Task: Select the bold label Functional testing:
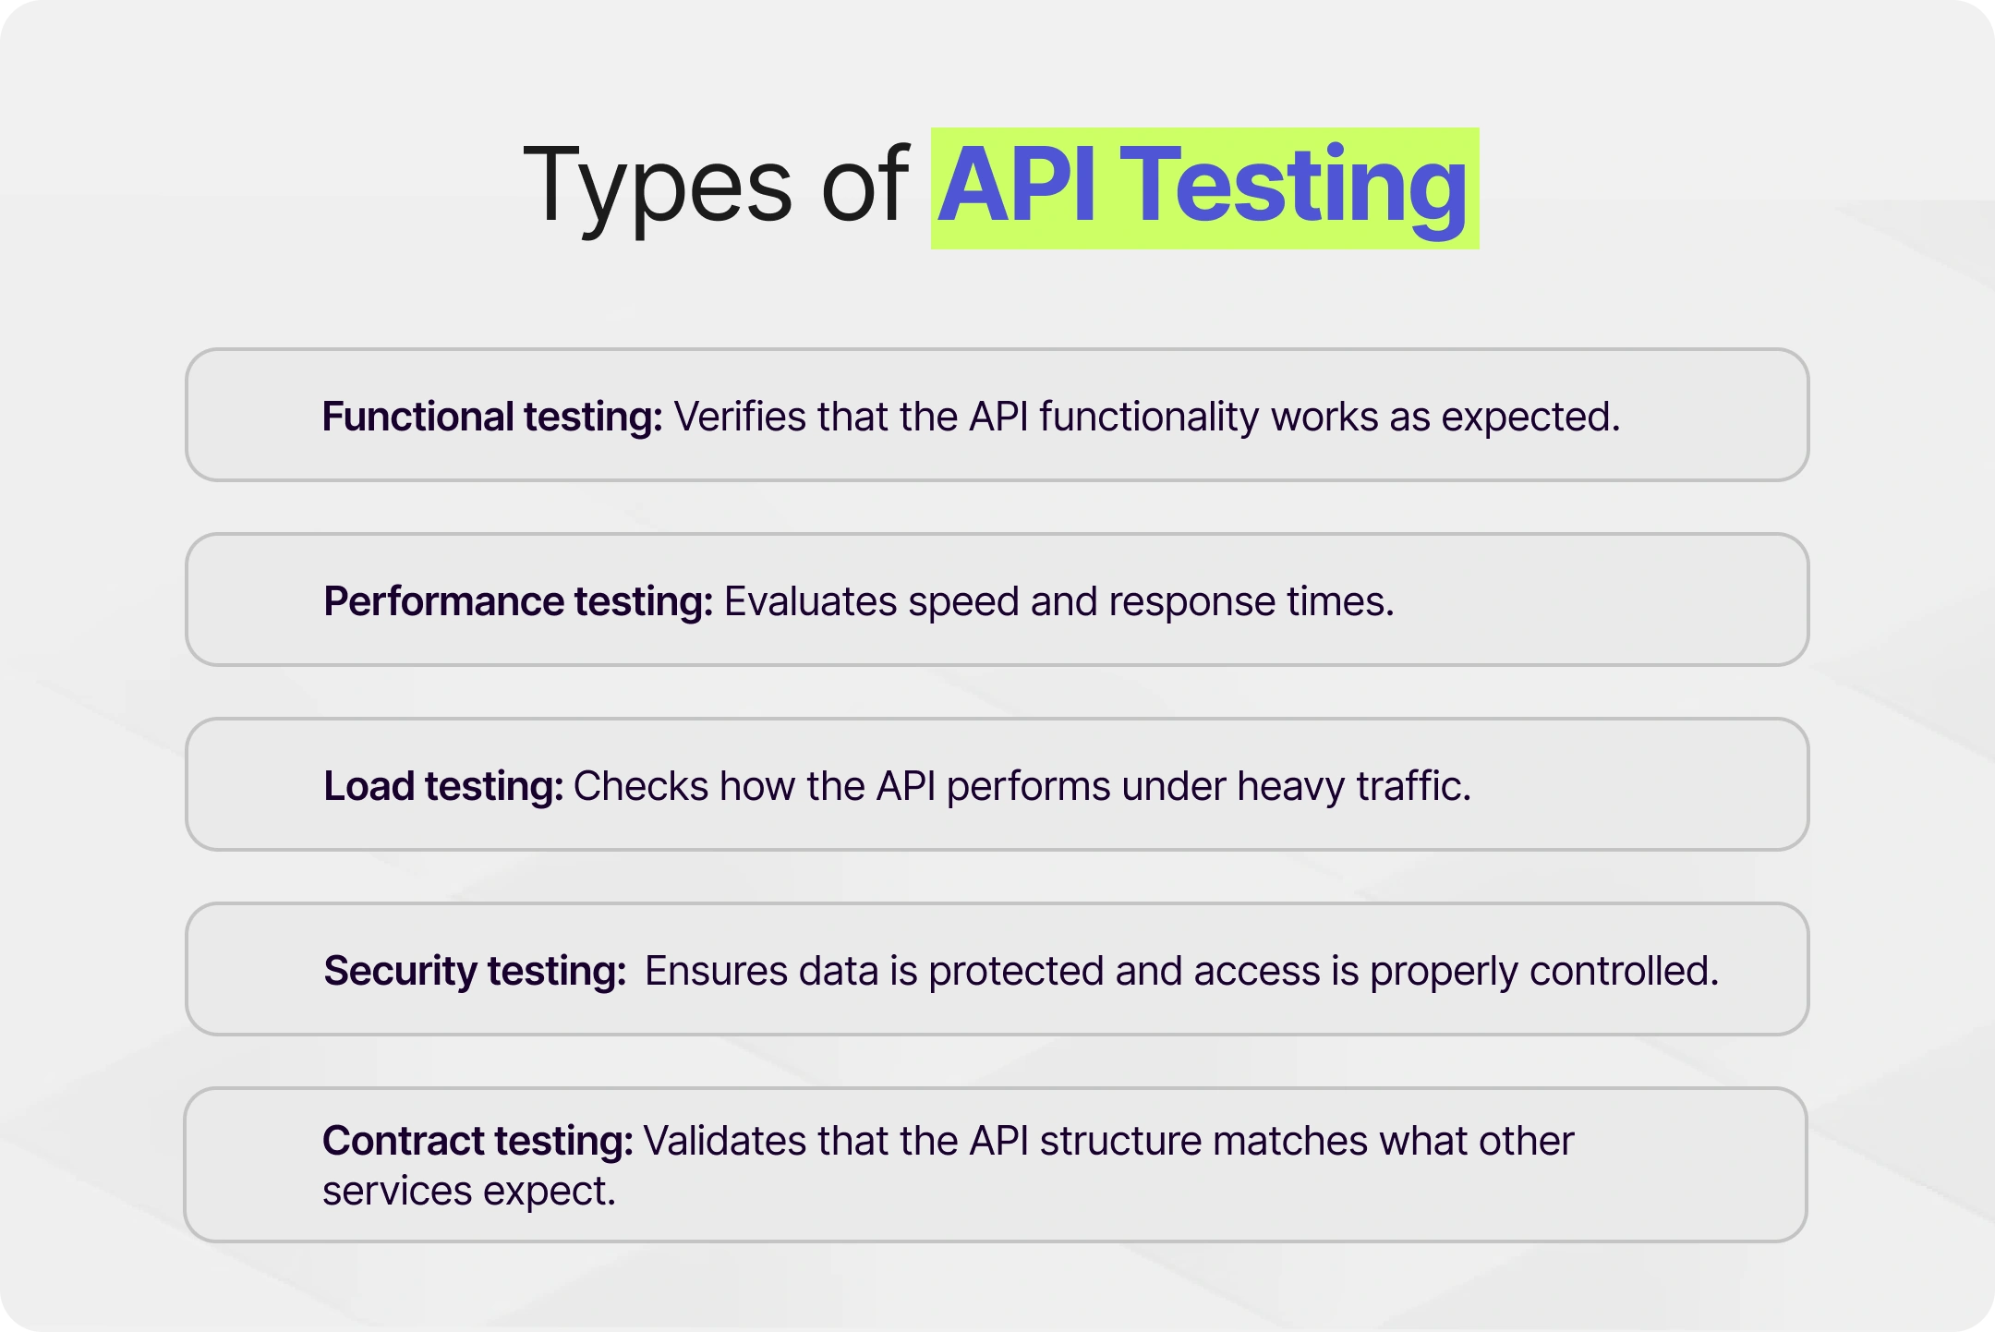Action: [x=492, y=417]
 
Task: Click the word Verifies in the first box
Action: [x=740, y=417]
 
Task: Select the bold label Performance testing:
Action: [x=518, y=601]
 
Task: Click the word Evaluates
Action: [x=810, y=601]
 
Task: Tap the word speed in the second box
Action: [x=963, y=601]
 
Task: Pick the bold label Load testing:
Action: [x=443, y=786]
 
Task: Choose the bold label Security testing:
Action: [x=475, y=971]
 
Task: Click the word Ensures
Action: [x=716, y=971]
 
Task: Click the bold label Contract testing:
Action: [x=478, y=1141]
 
